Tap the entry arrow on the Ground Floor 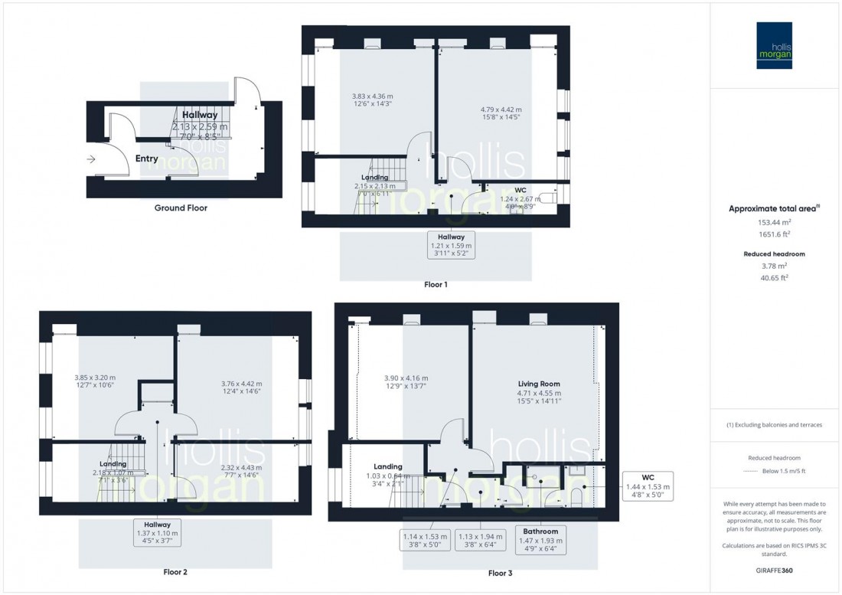click(x=91, y=159)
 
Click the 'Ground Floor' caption click(x=181, y=208)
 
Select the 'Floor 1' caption click(x=436, y=285)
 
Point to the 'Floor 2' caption click(x=175, y=572)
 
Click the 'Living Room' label click(x=539, y=384)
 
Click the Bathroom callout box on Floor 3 click(x=540, y=540)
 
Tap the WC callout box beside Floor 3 click(x=648, y=485)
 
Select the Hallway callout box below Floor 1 click(x=452, y=246)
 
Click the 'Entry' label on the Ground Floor click(x=146, y=159)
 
